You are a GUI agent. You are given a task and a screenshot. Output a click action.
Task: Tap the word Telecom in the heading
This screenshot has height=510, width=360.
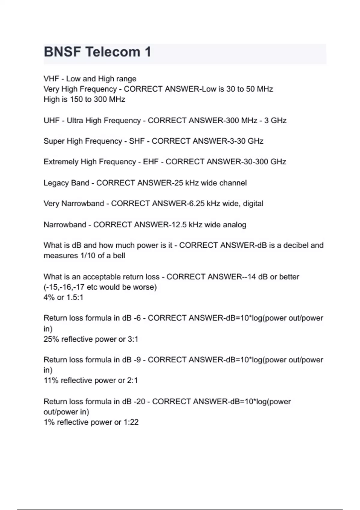tap(113, 52)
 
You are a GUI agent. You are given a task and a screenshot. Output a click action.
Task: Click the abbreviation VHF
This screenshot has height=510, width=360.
tap(51, 79)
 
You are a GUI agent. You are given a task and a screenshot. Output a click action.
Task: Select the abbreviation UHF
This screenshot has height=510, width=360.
tap(51, 121)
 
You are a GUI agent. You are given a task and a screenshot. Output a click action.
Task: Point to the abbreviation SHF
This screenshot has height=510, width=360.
tap(137, 141)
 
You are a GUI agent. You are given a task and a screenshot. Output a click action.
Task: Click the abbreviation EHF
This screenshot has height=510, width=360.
tap(151, 162)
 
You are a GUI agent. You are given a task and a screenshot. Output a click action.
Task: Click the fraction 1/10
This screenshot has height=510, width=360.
tap(86, 256)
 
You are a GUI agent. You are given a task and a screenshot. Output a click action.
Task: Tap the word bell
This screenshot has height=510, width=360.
tap(119, 256)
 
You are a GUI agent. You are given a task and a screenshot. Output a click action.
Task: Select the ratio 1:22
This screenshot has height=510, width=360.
tap(131, 422)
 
